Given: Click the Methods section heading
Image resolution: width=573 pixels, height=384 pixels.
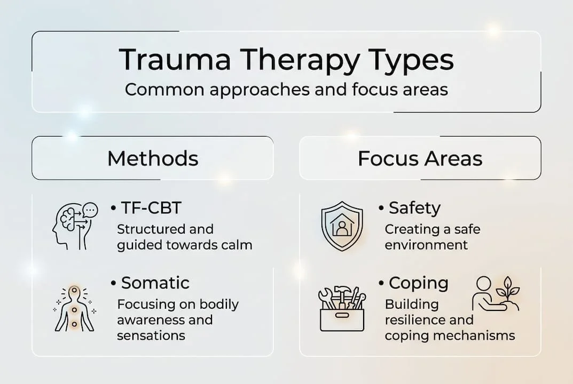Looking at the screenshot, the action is [153, 158].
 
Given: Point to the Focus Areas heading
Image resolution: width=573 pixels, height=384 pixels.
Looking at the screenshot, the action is [420, 158].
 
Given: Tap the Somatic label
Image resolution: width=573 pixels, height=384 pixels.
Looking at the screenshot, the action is [155, 282].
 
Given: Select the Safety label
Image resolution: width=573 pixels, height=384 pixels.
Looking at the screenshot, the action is [414, 208].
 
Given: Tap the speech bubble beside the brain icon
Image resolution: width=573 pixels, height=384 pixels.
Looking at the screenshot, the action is [91, 210].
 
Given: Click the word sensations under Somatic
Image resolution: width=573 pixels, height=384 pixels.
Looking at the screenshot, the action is [151, 335].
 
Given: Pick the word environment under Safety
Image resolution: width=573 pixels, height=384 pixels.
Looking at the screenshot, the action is [426, 245].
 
